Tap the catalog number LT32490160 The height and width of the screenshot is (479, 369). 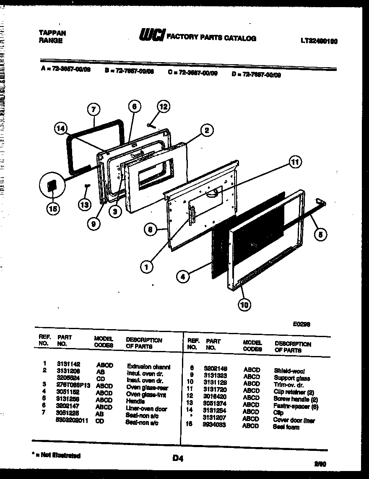(x=319, y=41)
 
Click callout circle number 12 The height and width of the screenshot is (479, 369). (x=164, y=107)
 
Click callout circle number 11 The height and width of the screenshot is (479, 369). (x=296, y=162)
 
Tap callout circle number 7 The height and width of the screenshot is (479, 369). (x=94, y=110)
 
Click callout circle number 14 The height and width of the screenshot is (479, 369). (x=61, y=129)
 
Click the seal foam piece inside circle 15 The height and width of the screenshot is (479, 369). (x=52, y=186)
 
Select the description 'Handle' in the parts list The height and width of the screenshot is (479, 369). (x=135, y=401)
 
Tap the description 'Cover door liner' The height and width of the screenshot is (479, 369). (x=293, y=420)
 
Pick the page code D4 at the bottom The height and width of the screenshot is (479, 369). (x=178, y=459)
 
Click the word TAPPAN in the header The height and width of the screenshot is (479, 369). (x=52, y=33)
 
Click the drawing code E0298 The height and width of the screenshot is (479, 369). (x=301, y=324)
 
